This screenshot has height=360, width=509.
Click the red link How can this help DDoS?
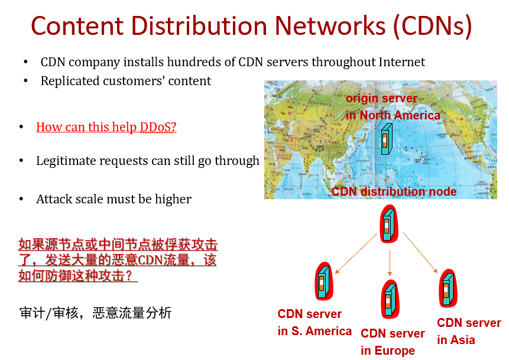pos(106,127)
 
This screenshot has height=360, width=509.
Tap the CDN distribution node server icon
pos(388,223)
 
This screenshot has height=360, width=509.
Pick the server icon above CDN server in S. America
pos(323,282)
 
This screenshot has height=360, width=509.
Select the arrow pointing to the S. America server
pos(356,254)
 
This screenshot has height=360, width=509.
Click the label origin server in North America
pos(393,107)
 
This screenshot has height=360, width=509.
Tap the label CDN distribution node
pos(394,192)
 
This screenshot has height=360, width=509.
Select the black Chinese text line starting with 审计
pos(95,313)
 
